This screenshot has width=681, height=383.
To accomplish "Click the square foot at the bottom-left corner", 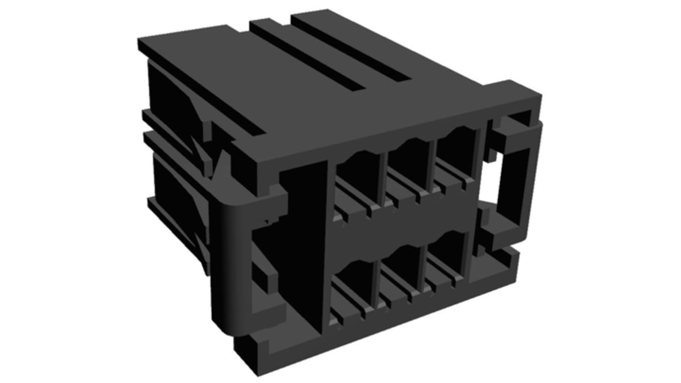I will (x=249, y=350).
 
